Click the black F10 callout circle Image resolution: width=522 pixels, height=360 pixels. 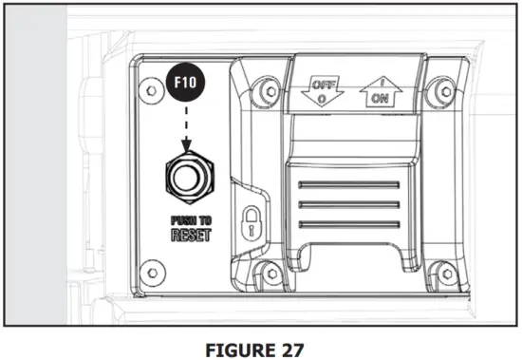(x=186, y=83)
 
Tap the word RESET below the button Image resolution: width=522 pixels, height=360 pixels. (x=191, y=235)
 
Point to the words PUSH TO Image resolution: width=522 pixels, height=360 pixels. (x=191, y=220)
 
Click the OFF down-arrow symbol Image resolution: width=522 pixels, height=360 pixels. (x=323, y=91)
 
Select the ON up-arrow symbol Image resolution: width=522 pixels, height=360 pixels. (x=381, y=92)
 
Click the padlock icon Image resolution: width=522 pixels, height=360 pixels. (x=252, y=223)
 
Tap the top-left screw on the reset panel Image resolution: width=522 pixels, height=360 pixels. (x=152, y=90)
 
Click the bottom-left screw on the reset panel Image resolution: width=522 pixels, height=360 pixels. (x=153, y=273)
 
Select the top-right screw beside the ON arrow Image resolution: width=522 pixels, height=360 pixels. (x=445, y=91)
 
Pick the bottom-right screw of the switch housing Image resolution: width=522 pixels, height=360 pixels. (x=447, y=274)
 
